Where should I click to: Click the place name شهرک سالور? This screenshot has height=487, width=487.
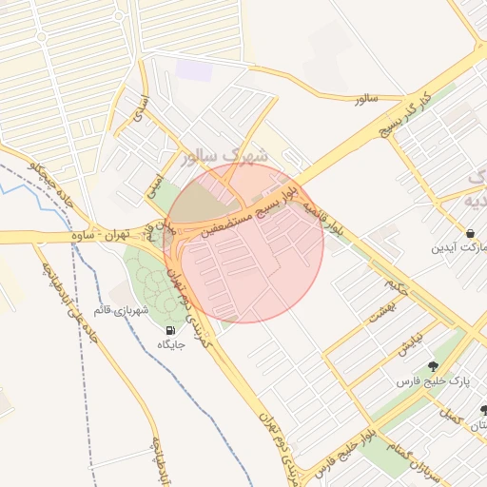218,155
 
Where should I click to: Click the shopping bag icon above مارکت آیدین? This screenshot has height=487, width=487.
470,233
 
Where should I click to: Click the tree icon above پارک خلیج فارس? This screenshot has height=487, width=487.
434,366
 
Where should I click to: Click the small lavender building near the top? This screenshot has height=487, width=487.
194,69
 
